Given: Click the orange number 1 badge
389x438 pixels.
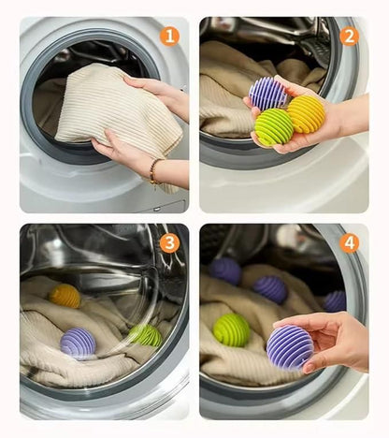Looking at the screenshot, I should pyautogui.click(x=169, y=36).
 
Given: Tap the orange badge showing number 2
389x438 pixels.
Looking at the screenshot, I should pyautogui.click(x=349, y=36).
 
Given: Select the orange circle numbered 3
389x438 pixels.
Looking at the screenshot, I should pyautogui.click(x=169, y=243).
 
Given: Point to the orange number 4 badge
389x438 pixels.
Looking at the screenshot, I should pyautogui.click(x=349, y=243).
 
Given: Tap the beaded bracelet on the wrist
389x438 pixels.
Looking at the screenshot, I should pyautogui.click(x=152, y=170).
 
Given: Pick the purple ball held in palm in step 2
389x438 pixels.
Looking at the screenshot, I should pyautogui.click(x=269, y=94).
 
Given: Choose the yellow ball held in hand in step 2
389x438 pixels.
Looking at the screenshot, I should pyautogui.click(x=306, y=113).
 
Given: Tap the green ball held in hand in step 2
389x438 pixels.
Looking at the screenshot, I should pyautogui.click(x=273, y=127).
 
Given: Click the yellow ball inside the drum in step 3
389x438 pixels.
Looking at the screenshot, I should pyautogui.click(x=65, y=296).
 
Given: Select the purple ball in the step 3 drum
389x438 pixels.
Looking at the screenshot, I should pyautogui.click(x=78, y=343).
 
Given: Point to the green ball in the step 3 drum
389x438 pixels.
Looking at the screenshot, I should pyautogui.click(x=145, y=334).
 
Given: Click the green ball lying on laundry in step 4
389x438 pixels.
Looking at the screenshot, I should pyautogui.click(x=231, y=329).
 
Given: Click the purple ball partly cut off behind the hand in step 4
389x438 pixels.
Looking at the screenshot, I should pyautogui.click(x=335, y=300).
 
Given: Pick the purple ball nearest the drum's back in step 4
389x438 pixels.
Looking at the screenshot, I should pyautogui.click(x=224, y=270).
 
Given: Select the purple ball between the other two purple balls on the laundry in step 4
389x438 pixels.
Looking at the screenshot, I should pyautogui.click(x=270, y=288).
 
